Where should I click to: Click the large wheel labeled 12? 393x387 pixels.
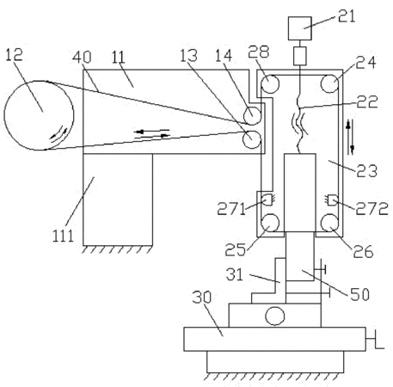coord(39,115)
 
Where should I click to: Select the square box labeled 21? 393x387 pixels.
coord(300,28)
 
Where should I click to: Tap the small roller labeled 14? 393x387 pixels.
coord(252,115)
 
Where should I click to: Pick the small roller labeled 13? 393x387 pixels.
coord(252,139)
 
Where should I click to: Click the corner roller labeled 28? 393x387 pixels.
coord(270,83)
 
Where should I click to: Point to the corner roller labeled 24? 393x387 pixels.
coord(330,83)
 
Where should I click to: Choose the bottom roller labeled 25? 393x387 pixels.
coord(270,223)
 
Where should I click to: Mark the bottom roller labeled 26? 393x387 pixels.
coord(329,223)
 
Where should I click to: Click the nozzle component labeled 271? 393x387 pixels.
coord(269,200)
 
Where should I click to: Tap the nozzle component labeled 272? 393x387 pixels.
coord(331,200)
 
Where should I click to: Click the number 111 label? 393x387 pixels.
coord(63,236)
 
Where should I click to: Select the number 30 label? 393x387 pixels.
coord(202,298)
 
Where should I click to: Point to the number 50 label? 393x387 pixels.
coord(359,294)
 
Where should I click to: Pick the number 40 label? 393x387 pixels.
coord(82,57)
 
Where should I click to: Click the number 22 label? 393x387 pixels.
coord(367,101)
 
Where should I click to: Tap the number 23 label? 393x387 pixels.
coord(367,171)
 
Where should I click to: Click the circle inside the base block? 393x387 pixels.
coord(275,316)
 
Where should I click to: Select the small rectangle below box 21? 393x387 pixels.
coord(300,56)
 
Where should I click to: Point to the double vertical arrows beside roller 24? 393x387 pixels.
coord(350,137)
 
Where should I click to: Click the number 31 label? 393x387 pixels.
coord(235,274)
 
